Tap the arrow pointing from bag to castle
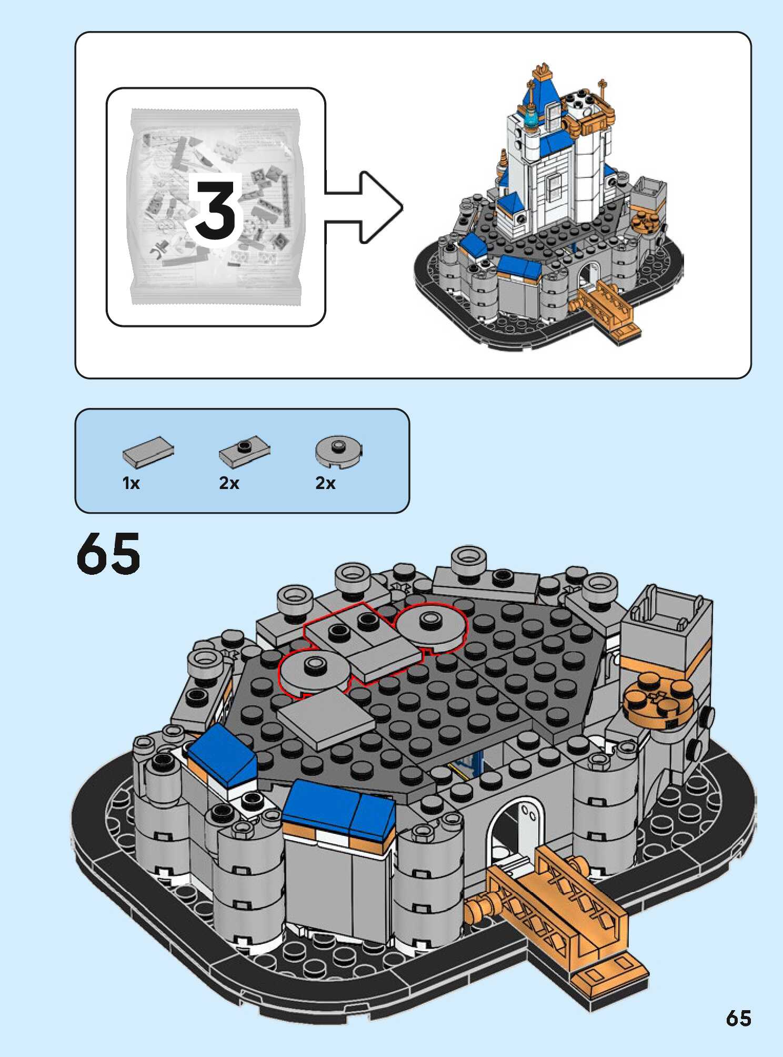coord(368,207)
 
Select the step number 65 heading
coord(108,553)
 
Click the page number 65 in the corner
coord(738,1018)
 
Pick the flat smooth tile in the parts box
coord(148,452)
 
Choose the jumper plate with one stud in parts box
coord(244,451)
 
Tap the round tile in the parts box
coord(339,451)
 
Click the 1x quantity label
coord(131,483)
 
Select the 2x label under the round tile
coord(325,483)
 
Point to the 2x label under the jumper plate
coord(229,483)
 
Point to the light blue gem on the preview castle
coord(532,118)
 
